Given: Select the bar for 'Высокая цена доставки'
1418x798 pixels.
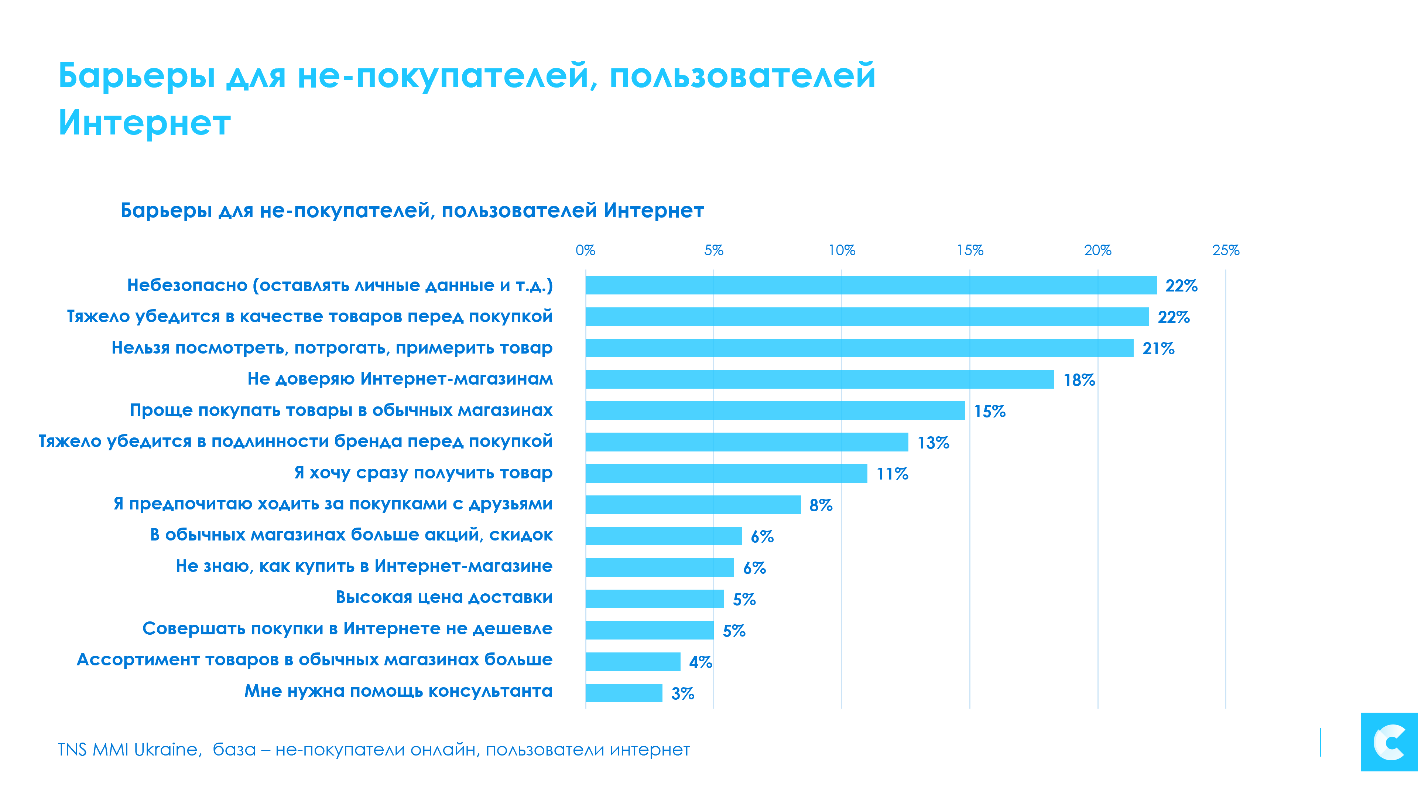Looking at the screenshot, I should point(654,598).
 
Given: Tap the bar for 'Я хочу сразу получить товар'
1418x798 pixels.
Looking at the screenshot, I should point(726,474).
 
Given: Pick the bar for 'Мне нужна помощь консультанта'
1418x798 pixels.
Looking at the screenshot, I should point(624,693).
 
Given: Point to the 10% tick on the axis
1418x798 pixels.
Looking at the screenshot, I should point(842,250).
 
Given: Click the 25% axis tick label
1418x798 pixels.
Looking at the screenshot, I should point(1225,250).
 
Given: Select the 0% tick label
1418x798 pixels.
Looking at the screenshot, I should point(585,250).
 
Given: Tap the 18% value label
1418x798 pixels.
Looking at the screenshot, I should point(1079,380).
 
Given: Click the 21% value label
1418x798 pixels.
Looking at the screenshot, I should point(1158,349).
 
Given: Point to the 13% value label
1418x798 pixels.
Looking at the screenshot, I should point(933,443).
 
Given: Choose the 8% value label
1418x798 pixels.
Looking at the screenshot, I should point(820,505).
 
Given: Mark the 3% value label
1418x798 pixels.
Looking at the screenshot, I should point(682,694).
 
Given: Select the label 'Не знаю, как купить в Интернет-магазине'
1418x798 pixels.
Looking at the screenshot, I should point(364,566).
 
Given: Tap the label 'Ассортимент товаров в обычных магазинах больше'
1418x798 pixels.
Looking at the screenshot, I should point(314,660).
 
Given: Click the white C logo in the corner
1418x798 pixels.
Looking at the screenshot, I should point(1389,742).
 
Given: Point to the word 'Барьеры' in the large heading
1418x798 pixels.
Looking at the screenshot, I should point(137,76).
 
